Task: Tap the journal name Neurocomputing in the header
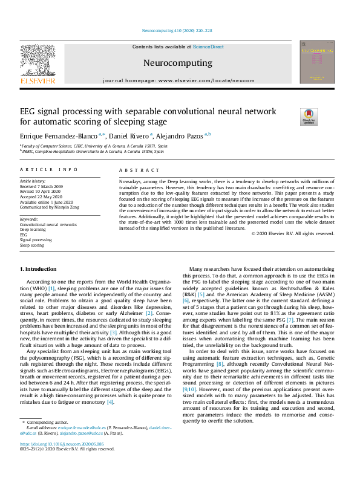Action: click(177, 63)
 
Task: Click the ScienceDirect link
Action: click(208, 47)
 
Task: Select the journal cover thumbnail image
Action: click(316, 62)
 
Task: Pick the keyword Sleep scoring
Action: click(32, 246)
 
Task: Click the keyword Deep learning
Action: click(33, 230)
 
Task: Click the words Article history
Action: click(33, 181)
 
